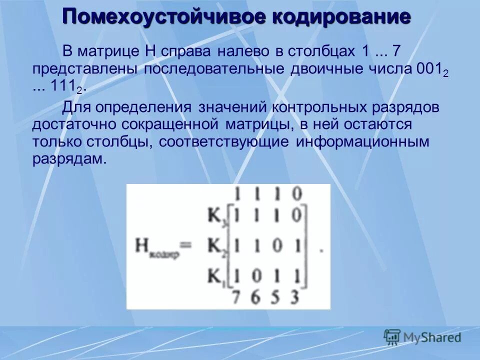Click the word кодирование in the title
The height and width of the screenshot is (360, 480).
(341, 16)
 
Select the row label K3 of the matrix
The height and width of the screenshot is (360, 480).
(216, 216)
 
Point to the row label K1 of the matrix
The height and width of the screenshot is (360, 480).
(216, 275)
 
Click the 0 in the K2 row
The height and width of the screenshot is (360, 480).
(275, 245)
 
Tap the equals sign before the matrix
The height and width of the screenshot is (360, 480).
(186, 245)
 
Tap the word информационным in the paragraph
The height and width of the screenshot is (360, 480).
(362, 141)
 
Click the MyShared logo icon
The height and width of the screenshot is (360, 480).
(392, 337)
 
